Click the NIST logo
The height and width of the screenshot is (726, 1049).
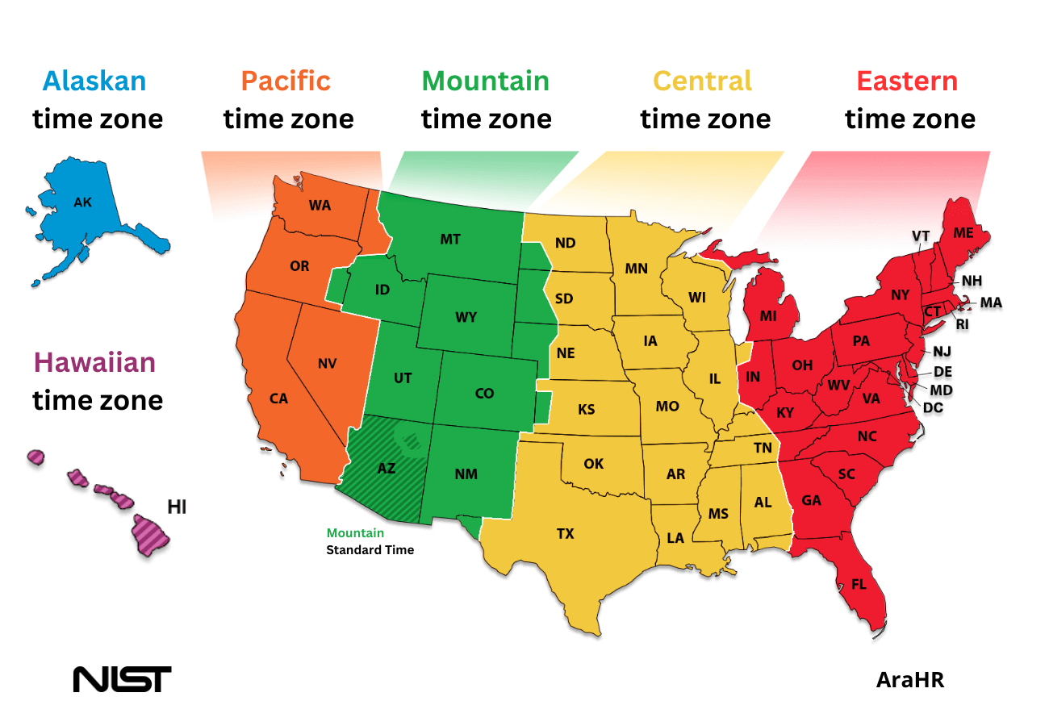tap(122, 678)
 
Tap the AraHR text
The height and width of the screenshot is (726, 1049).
tap(909, 680)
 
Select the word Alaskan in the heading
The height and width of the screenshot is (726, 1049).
tap(94, 81)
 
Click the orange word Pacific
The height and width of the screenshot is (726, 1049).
tap(286, 81)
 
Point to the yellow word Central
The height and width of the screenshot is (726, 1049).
tap(702, 81)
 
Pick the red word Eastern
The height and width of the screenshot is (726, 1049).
tap(907, 81)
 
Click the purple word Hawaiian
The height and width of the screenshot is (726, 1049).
tap(94, 362)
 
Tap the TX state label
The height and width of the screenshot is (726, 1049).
tap(565, 533)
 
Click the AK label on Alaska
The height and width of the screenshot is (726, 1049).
tap(82, 202)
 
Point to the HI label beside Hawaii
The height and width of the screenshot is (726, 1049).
tap(177, 507)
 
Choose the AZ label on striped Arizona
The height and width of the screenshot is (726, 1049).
tap(387, 468)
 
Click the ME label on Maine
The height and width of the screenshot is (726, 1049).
tap(963, 232)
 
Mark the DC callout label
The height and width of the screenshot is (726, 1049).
tap(933, 408)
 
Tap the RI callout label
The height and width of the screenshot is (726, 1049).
tap(962, 324)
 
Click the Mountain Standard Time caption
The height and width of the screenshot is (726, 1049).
tap(370, 541)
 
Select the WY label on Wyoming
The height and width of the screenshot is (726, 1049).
tap(466, 317)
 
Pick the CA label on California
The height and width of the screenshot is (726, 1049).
tap(278, 398)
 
